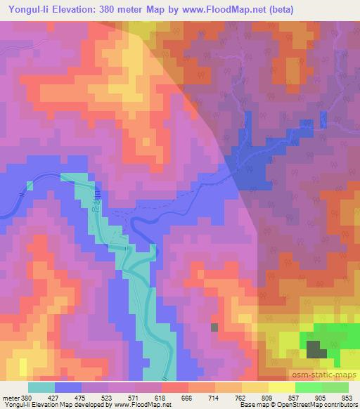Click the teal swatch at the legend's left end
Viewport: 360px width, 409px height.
pyautogui.click(x=41, y=387)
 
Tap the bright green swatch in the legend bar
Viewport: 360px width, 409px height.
pyautogui.click(x=309, y=387)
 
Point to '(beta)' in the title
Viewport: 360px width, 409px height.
pyautogui.click(x=278, y=10)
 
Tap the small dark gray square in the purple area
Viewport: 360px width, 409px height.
pyautogui.click(x=214, y=327)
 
